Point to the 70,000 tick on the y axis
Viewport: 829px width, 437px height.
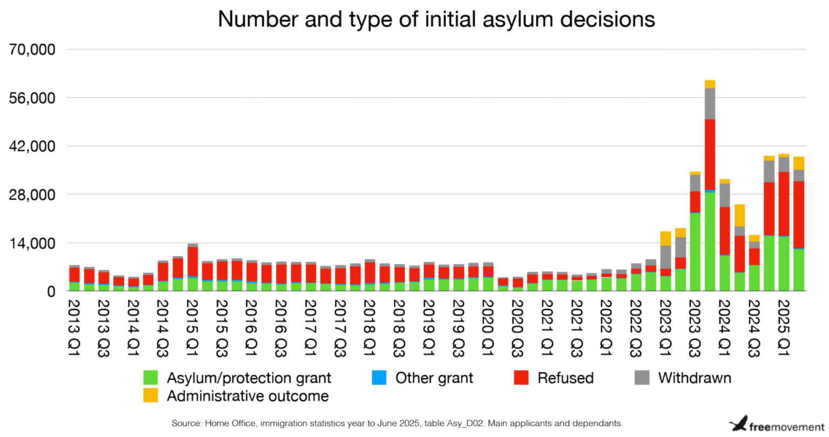[x=32, y=50]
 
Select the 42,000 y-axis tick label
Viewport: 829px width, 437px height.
[x=32, y=146]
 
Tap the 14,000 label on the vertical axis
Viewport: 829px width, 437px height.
[x=32, y=243]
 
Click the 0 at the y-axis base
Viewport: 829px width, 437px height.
[x=51, y=292]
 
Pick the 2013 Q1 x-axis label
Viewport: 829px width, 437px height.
[x=74, y=327]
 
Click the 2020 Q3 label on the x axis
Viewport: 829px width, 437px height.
[x=517, y=327]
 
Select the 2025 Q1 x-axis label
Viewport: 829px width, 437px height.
[x=783, y=327]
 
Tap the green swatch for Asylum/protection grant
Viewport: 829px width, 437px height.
[x=151, y=378]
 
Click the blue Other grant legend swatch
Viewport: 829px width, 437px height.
[x=379, y=378]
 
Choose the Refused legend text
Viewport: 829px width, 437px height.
[x=565, y=378]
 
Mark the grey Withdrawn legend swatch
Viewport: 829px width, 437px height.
[x=642, y=378]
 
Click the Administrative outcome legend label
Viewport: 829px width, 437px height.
[x=248, y=396]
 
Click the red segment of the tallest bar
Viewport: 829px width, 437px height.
[x=710, y=154]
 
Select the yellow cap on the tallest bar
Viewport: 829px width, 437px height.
[x=710, y=84]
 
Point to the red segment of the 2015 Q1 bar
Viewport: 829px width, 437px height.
[x=192, y=261]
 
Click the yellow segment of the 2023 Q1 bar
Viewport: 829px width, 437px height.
[x=665, y=238]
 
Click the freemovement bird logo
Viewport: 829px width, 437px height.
[x=738, y=423]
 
